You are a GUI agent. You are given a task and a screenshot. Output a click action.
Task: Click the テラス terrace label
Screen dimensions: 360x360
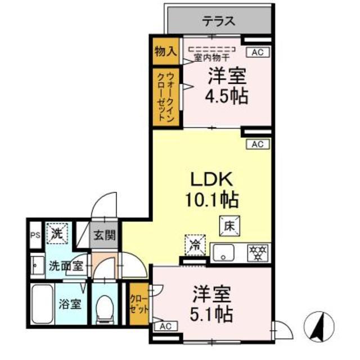(219, 22)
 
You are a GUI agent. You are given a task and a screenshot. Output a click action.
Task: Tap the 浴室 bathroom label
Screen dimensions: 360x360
(71, 305)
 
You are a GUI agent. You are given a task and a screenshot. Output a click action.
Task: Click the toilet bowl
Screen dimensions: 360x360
(105, 309)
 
